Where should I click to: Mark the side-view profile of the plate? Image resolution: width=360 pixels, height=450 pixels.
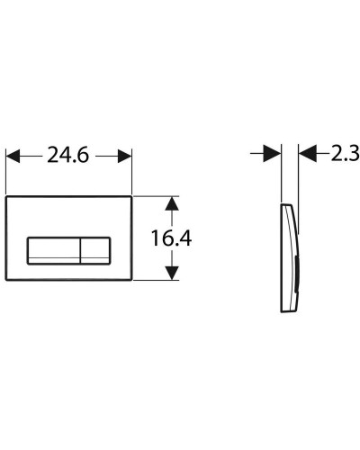point(289,256)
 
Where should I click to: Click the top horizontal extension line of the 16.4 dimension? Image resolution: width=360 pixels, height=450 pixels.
point(157,193)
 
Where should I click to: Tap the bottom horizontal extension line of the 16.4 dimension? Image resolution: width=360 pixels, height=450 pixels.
point(157,281)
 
